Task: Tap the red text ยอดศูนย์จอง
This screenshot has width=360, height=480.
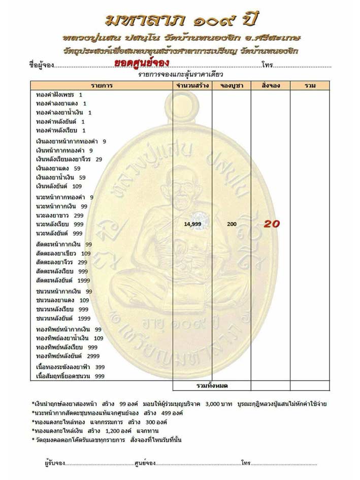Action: (142, 62)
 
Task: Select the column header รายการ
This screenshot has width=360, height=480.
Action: (102, 85)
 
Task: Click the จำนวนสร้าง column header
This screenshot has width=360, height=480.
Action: (192, 85)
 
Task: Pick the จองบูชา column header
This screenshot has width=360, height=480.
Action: (232, 85)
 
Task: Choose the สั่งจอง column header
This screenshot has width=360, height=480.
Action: (271, 85)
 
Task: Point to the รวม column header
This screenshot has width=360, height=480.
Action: (310, 85)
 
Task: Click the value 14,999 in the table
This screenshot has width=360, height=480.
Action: (193, 224)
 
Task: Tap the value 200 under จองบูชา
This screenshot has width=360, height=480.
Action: (232, 224)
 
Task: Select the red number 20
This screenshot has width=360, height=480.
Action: (271, 224)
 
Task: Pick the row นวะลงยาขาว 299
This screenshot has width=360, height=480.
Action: (59, 215)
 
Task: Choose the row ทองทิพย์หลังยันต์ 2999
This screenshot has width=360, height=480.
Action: (68, 356)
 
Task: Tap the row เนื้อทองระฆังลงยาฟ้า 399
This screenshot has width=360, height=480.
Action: (70, 367)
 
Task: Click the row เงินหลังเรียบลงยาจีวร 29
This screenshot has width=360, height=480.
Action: (69, 159)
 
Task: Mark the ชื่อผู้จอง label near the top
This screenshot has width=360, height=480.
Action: (41, 65)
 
